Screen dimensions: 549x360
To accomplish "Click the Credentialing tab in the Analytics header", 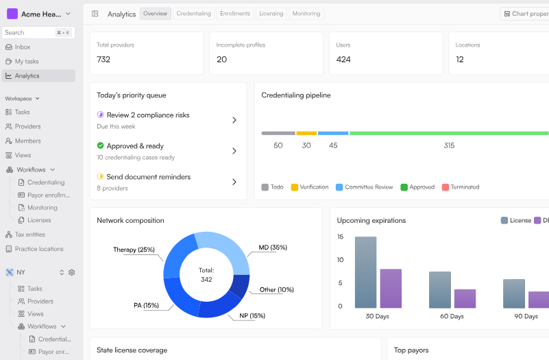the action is (193, 14).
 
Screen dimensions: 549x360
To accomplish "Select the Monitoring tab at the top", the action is (306, 14).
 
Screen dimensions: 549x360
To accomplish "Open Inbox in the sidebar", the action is (23, 47).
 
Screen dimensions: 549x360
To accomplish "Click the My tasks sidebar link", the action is (27, 61).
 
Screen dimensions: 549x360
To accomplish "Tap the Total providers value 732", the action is (103, 60).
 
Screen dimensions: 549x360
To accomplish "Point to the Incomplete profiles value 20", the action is (221, 60).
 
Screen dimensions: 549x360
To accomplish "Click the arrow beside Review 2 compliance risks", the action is (234, 120).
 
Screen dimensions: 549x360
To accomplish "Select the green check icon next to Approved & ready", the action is (101, 145).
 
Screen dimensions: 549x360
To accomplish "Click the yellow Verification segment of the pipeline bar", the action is (306, 133).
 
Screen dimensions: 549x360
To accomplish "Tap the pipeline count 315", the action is (449, 145).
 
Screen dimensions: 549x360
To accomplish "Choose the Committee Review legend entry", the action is (364, 187).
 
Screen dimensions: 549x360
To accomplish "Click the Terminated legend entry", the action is (461, 187).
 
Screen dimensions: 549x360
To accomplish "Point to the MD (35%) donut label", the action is (273, 248).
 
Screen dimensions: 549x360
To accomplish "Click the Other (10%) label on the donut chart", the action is (277, 289).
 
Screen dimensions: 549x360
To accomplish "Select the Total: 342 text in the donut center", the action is (206, 275).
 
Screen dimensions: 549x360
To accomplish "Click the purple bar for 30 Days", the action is (391, 289).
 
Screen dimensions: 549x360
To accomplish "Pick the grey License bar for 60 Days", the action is (440, 290).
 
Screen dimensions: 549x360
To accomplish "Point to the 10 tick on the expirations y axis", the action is (341, 260).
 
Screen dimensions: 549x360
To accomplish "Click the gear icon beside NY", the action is (72, 272).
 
